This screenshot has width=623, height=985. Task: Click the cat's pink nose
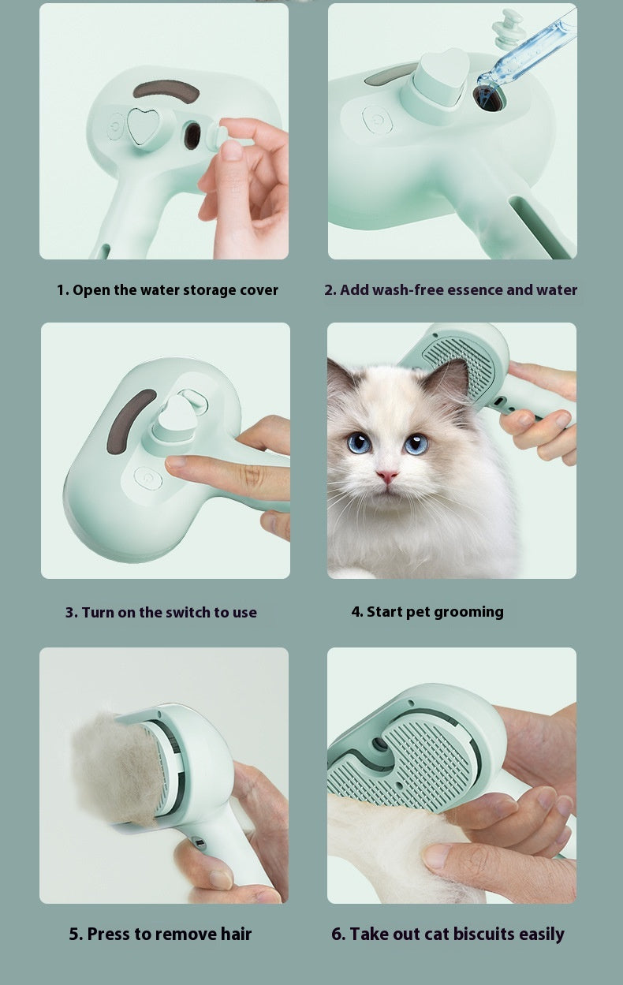pos(387,476)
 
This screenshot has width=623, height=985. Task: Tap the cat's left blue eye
pos(359,442)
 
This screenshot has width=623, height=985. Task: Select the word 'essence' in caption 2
pos(471,290)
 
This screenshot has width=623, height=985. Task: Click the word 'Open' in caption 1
pos(91,290)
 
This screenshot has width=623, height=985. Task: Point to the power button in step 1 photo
pos(116,125)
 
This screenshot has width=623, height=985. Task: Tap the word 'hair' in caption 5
pos(235,935)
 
